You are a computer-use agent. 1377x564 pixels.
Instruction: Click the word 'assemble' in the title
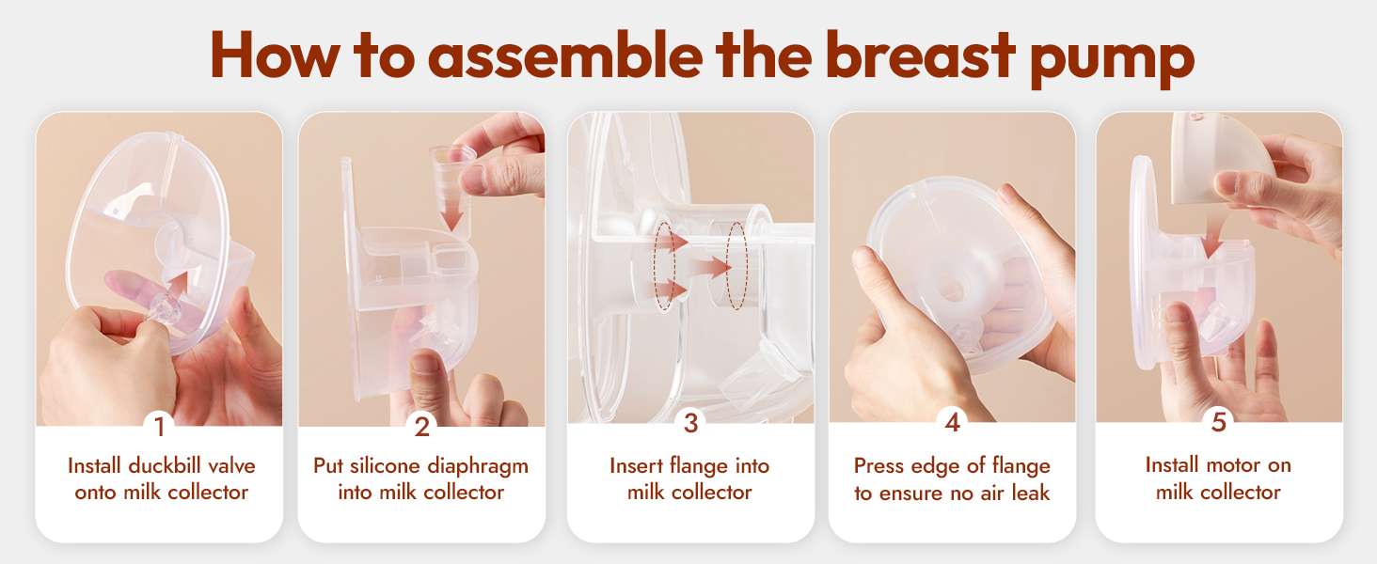coord(564,55)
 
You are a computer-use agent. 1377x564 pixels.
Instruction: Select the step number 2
coord(421,427)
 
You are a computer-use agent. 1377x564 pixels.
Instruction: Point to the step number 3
coord(691,423)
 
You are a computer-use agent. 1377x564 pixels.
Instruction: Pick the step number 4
coord(952,423)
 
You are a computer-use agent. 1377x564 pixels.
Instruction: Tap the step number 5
coord(1218,422)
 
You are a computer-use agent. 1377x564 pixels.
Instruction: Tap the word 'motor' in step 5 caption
coord(1217,465)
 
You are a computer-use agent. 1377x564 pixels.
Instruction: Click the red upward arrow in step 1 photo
coord(179,285)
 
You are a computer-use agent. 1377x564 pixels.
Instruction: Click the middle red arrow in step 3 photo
coord(709,268)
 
